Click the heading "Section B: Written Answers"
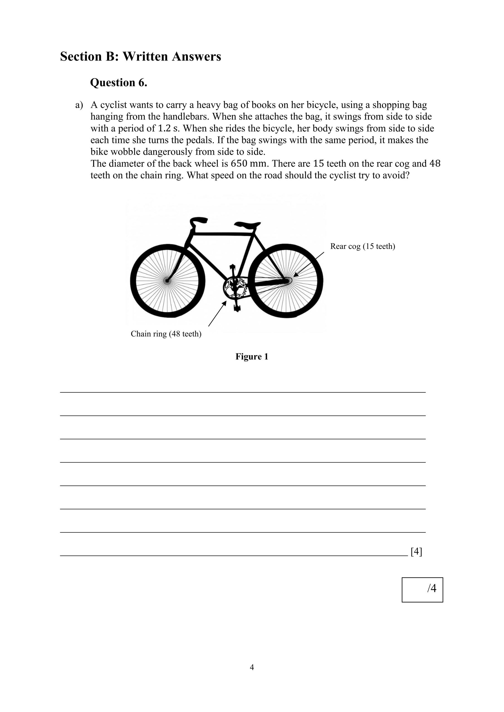tap(140, 56)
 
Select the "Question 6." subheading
tap(118, 83)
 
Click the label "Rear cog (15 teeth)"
tap(362, 246)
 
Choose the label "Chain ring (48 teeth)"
tap(166, 334)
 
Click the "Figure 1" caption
tap(251, 356)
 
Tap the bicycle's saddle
tap(248, 225)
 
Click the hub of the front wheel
tap(167, 281)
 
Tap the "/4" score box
tap(422, 590)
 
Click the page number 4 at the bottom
tap(252, 667)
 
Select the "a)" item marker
tap(79, 105)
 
